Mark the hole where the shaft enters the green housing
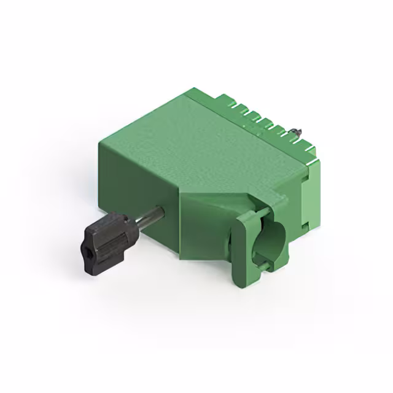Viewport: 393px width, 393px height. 161,211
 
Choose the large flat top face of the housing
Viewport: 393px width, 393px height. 196,141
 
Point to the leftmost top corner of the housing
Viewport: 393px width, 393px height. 100,142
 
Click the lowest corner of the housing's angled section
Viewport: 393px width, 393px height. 181,258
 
